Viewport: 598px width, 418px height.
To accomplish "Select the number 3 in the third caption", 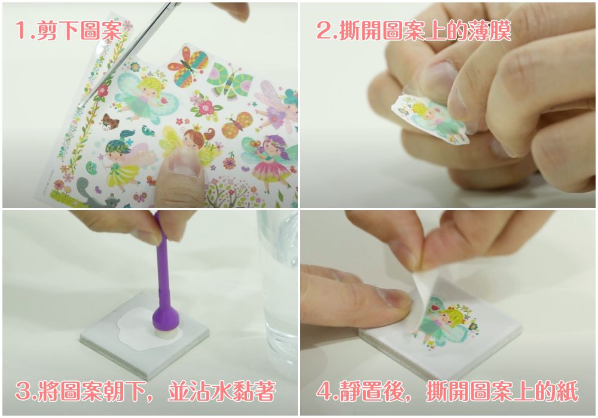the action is click(x=23, y=391).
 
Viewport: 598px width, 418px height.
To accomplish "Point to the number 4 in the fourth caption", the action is click(x=324, y=391).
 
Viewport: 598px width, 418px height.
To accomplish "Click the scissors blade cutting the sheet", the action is click(x=126, y=53).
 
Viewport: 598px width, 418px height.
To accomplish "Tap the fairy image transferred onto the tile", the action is click(x=446, y=323).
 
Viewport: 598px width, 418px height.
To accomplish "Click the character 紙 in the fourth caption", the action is click(x=569, y=391).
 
